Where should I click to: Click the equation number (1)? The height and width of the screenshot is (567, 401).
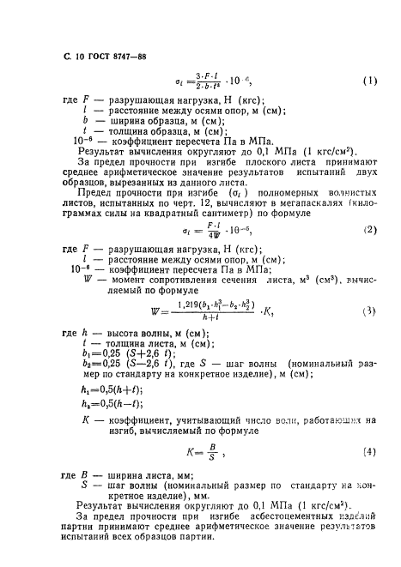[x=370, y=82]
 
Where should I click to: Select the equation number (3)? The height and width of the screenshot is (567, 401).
[x=370, y=312]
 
